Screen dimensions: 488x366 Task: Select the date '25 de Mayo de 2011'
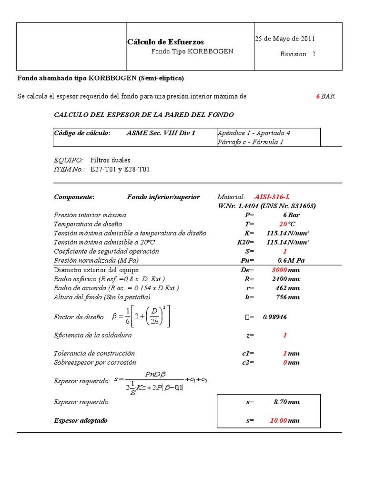tap(284, 39)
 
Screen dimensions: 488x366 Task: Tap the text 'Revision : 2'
tap(298, 54)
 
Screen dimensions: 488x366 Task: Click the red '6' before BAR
tap(318, 96)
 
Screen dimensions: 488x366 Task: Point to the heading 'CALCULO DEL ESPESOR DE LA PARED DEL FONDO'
tap(144, 115)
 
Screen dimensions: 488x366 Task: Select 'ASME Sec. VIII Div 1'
tap(161, 133)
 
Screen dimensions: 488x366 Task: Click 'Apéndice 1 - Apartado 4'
tap(254, 133)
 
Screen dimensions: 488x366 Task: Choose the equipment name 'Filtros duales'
tap(110, 160)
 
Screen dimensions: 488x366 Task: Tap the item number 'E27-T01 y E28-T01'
tap(120, 169)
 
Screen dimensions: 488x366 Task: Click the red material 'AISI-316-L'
tap(272, 197)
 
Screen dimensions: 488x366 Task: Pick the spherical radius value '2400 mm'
tap(286, 279)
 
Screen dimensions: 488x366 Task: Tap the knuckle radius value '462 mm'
tap(287, 288)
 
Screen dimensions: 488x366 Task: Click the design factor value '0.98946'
tap(275, 317)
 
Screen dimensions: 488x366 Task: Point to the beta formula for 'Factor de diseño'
tap(141, 317)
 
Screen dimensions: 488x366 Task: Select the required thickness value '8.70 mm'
tap(286, 402)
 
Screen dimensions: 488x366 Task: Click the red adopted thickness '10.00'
tap(278, 420)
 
